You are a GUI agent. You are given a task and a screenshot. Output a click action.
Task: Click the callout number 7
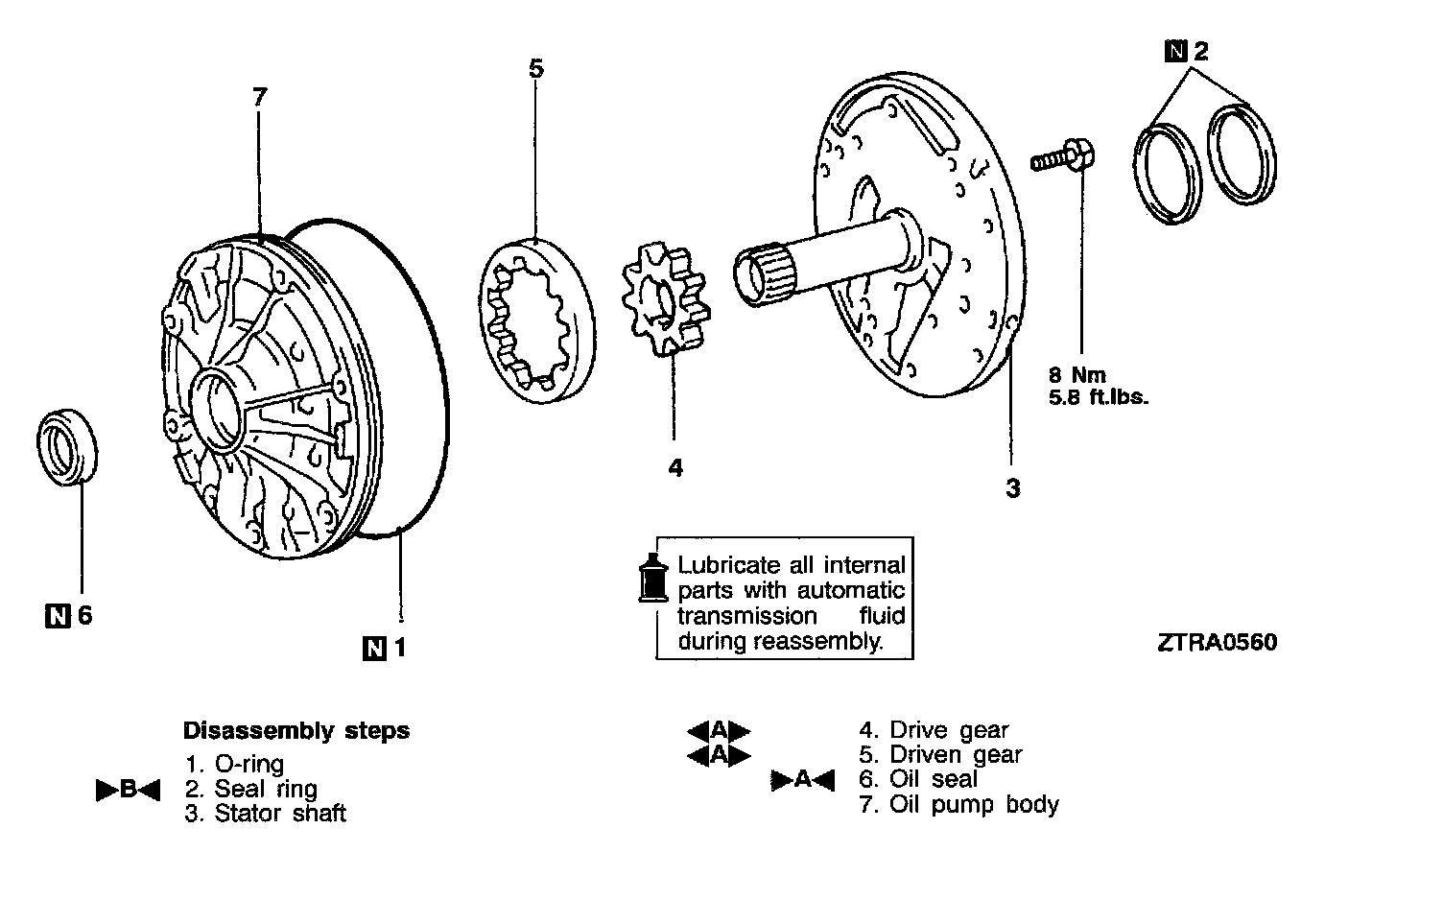click(259, 97)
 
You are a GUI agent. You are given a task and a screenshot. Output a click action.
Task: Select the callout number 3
click(1012, 488)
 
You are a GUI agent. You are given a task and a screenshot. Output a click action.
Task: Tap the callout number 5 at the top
click(535, 68)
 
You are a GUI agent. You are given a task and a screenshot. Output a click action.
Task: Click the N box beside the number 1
click(374, 649)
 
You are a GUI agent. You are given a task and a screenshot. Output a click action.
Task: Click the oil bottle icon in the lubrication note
click(652, 579)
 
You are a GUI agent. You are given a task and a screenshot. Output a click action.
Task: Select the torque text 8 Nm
click(1076, 375)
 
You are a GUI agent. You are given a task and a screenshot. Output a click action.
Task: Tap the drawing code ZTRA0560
click(1218, 642)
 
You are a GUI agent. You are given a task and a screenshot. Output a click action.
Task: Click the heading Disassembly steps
click(296, 730)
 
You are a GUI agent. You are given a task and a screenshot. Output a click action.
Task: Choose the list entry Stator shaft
click(278, 814)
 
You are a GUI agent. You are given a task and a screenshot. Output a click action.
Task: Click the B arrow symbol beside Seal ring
click(128, 791)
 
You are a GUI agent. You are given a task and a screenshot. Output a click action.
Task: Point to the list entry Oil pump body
click(973, 804)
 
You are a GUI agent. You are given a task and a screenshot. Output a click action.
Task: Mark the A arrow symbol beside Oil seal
click(803, 780)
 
